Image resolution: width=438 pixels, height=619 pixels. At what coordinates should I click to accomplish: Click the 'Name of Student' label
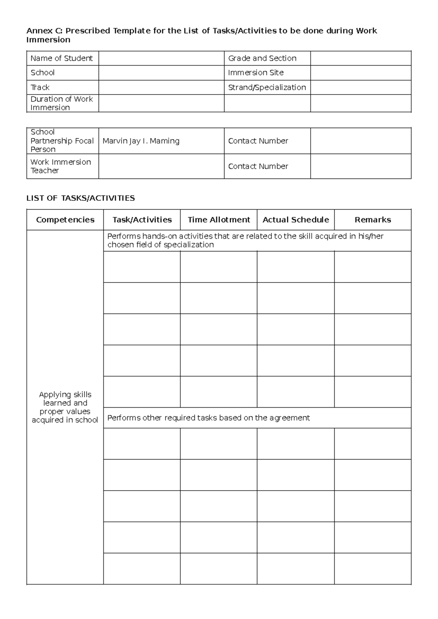[61, 58]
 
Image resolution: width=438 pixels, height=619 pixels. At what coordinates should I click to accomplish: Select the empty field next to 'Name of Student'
[161, 58]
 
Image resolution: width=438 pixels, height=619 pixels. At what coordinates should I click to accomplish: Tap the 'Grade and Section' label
[262, 58]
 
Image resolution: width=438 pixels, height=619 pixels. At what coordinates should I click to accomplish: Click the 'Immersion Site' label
[255, 73]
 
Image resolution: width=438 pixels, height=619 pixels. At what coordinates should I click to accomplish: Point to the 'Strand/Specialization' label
[267, 87]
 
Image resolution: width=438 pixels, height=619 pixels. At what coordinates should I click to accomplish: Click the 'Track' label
[40, 87]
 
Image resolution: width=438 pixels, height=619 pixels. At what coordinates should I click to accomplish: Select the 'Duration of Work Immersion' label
[61, 103]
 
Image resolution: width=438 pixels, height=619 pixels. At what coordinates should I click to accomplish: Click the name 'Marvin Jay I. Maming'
[141, 141]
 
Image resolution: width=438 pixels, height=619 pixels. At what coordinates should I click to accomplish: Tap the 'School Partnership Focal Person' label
[62, 141]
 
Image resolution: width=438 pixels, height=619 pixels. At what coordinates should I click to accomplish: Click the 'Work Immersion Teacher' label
[61, 166]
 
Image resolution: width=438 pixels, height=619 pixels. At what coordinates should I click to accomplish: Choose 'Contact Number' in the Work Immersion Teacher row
[258, 166]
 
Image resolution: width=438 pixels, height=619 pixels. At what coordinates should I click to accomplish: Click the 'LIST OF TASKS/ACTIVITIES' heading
[81, 198]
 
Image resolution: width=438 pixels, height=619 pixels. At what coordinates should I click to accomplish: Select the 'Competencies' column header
[65, 220]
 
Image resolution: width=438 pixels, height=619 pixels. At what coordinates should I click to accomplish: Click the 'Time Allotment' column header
[219, 220]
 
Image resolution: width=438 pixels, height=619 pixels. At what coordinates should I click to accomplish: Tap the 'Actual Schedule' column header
[296, 220]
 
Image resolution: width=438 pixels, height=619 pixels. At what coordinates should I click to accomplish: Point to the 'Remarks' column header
[373, 220]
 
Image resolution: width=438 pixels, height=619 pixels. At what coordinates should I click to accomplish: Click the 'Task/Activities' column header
[142, 220]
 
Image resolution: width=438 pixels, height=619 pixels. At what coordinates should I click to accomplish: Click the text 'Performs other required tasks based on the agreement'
[208, 418]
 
